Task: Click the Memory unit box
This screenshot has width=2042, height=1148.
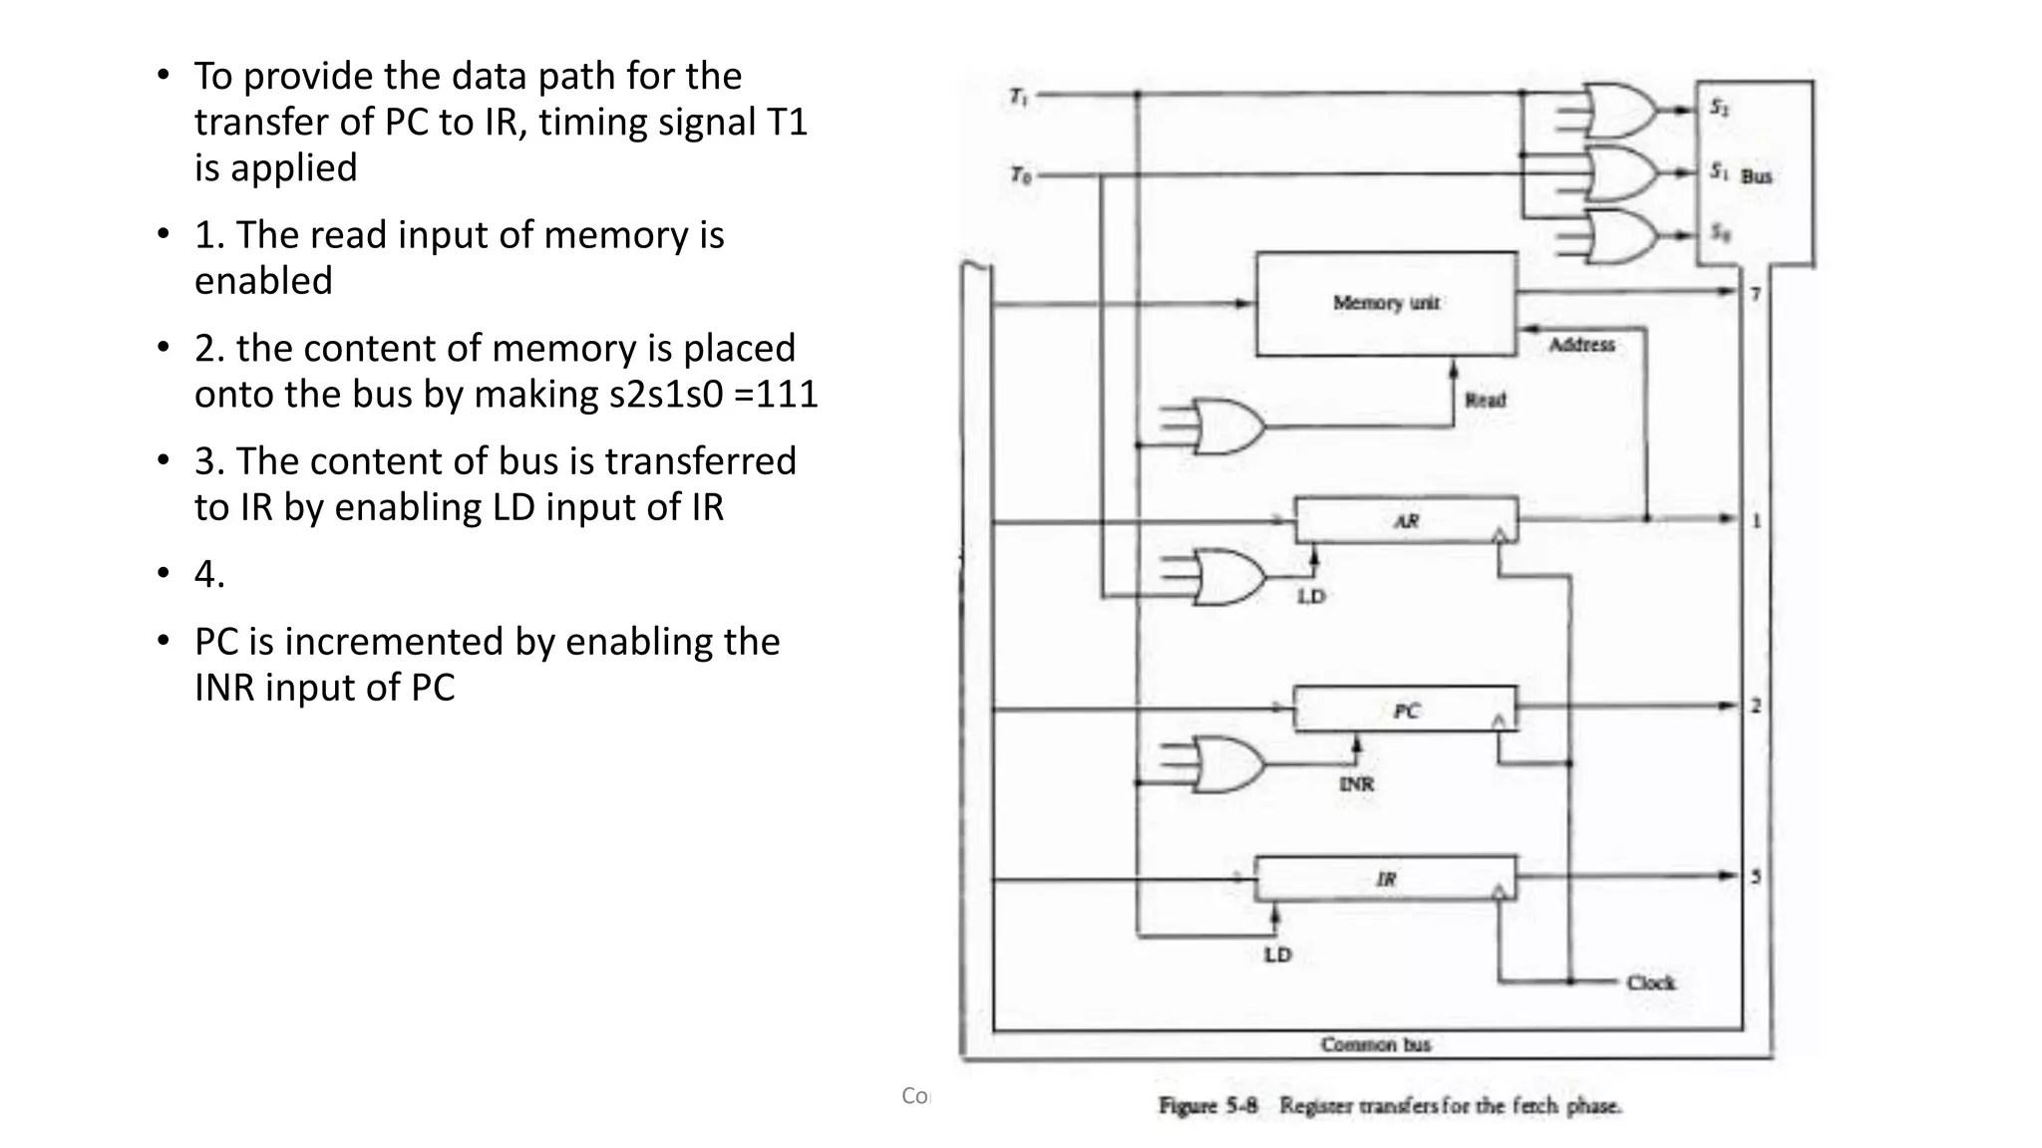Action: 1386,303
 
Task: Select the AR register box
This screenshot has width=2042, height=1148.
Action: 1406,520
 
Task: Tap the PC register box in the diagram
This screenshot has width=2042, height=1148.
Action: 1405,710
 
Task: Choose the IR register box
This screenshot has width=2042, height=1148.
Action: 1385,878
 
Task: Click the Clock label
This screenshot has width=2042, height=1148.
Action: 1650,983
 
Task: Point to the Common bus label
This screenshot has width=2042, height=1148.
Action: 1375,1044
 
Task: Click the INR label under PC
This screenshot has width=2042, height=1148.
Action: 1356,784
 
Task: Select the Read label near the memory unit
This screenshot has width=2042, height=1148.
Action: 1485,400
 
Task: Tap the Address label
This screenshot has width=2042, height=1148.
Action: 1581,345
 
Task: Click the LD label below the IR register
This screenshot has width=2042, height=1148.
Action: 1277,955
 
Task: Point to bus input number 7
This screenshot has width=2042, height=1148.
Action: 1755,294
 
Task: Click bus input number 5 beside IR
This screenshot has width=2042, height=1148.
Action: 1755,877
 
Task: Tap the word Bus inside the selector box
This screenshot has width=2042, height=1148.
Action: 1756,176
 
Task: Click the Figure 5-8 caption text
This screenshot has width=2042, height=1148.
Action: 1390,1105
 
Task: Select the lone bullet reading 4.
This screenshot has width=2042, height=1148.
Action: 209,574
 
